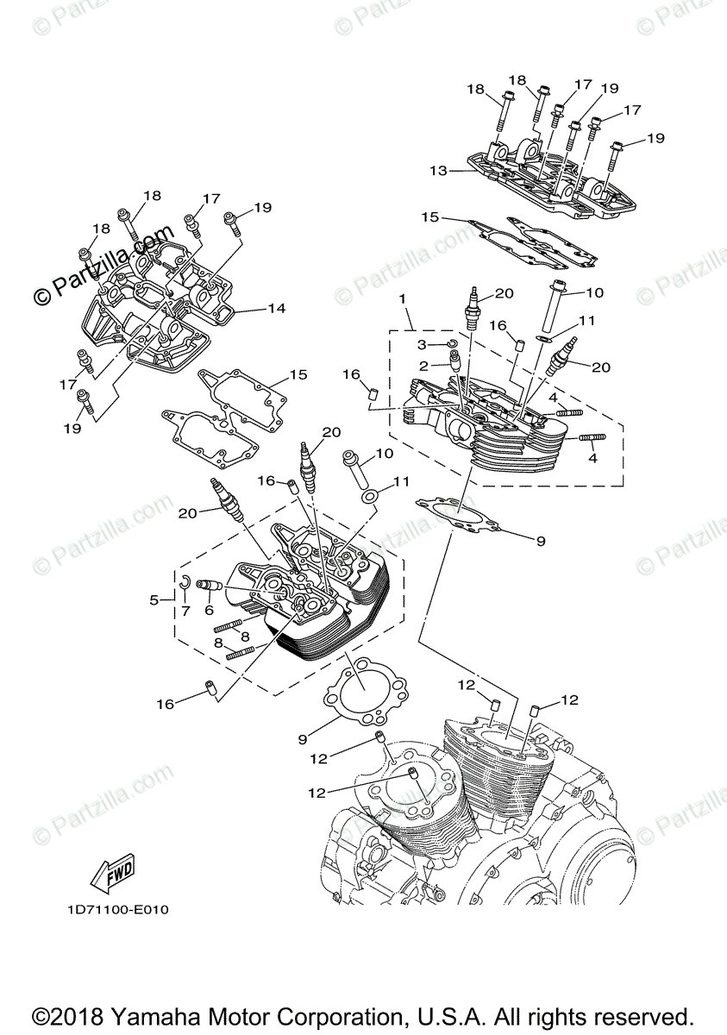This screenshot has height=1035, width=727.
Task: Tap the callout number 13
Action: (438, 171)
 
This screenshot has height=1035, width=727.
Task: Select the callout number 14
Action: (275, 308)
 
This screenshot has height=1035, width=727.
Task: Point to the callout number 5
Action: (155, 599)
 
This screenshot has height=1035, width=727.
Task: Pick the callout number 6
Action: (208, 609)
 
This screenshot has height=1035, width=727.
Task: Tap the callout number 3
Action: (422, 344)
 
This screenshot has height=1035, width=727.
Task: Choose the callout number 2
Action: (423, 366)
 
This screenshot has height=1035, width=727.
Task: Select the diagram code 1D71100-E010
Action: (116, 910)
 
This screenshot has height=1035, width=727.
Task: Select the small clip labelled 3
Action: (450, 345)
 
